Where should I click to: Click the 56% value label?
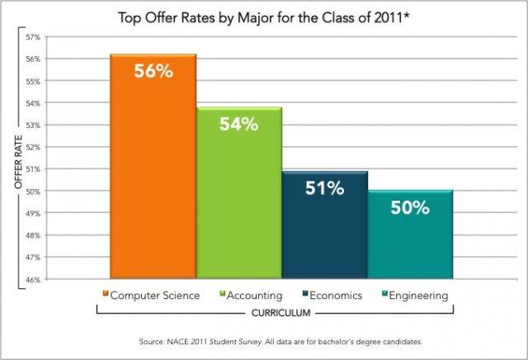tap(153, 72)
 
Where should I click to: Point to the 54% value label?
tap(239, 125)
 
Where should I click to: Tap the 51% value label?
tap(324, 188)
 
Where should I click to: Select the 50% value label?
tap(410, 208)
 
